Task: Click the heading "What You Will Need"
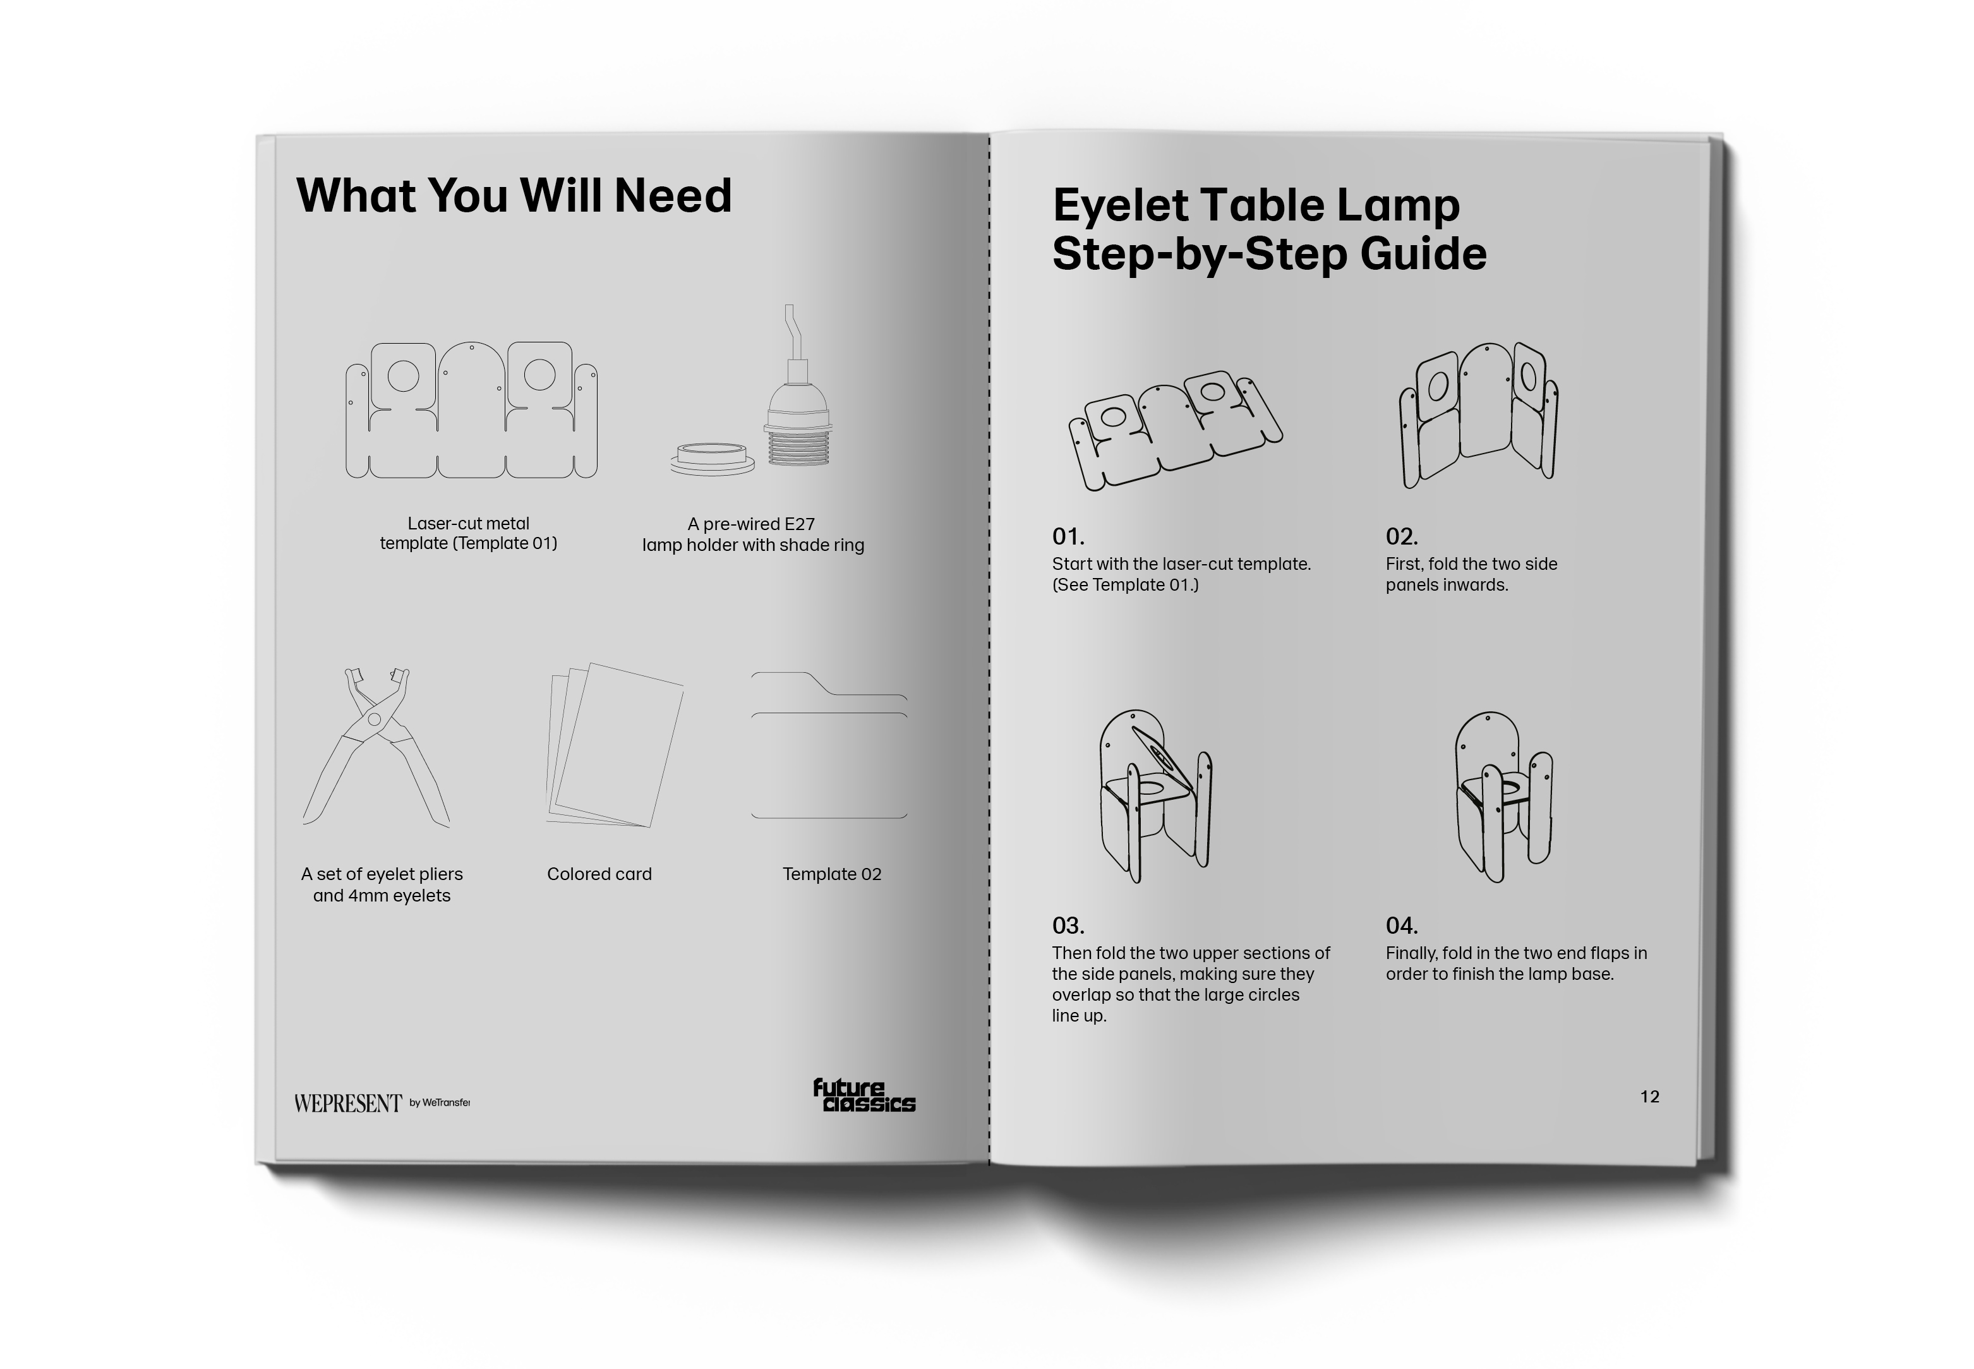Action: pos(514,196)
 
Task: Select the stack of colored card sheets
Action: pos(614,745)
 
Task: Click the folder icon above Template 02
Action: pos(829,745)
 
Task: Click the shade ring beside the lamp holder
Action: pos(713,459)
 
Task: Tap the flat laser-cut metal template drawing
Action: pos(471,410)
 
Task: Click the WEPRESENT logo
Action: pos(347,1103)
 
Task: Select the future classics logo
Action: pos(864,1095)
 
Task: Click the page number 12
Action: pos(1649,1096)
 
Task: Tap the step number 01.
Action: pos(1068,536)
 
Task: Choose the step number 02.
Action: pos(1401,536)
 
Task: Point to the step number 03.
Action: pos(1068,926)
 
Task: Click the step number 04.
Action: pos(1401,926)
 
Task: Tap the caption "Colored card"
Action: pos(599,874)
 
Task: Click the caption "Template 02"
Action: pos(832,874)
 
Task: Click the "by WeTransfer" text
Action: pos(439,1103)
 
